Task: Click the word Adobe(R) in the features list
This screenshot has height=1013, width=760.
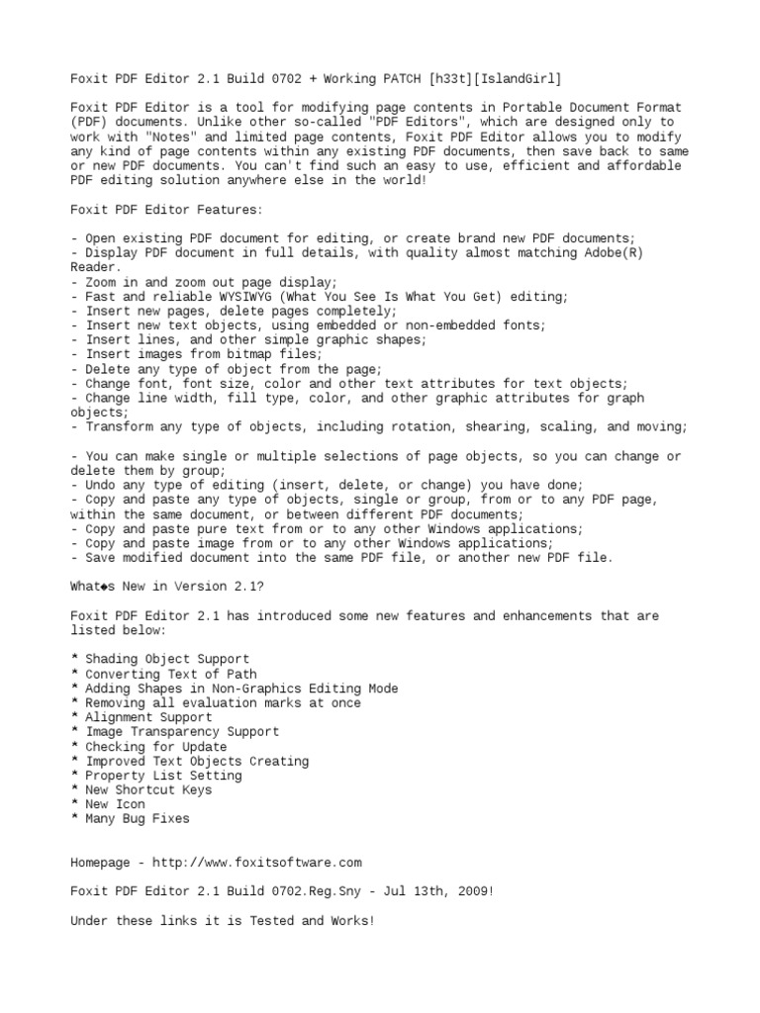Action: [x=609, y=252]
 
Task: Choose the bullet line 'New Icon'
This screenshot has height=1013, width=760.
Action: [x=115, y=804]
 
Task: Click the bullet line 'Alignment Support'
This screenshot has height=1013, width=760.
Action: [x=148, y=717]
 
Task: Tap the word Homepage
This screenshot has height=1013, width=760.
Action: [x=103, y=863]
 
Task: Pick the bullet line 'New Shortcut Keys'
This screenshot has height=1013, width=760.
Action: [x=148, y=790]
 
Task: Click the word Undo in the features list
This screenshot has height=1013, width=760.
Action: [x=100, y=485]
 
